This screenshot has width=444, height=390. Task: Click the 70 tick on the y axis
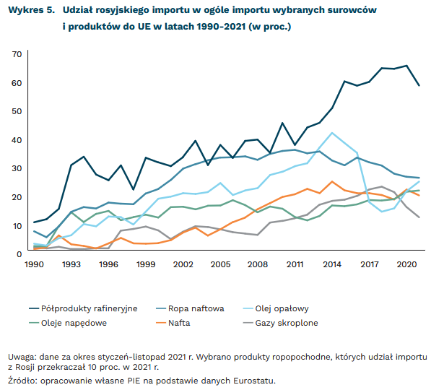[17, 55]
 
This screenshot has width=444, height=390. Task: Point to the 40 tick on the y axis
[17, 140]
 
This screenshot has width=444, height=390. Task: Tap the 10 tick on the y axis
[17, 226]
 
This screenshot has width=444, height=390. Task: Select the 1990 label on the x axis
[34, 265]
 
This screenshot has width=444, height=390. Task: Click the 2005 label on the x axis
[220, 265]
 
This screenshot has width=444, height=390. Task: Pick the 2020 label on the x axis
[406, 265]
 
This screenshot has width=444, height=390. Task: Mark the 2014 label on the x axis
[332, 265]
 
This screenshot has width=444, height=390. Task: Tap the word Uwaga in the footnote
[23, 357]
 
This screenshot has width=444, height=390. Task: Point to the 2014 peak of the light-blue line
[331, 133]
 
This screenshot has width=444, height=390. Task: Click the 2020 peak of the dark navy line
[406, 66]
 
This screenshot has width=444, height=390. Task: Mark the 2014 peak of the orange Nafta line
[331, 182]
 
